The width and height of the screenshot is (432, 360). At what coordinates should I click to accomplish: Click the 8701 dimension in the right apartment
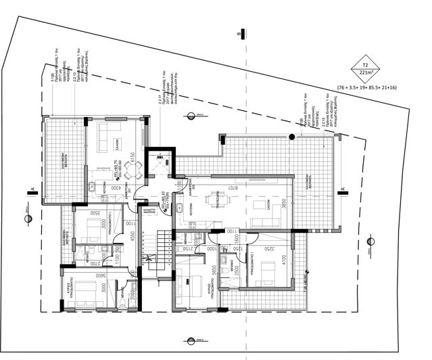[231, 187]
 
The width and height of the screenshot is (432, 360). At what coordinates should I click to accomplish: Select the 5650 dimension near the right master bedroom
[213, 271]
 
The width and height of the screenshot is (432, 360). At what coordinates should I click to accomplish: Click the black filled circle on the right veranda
[292, 137]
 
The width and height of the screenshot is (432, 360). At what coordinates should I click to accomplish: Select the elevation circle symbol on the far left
[27, 218]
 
